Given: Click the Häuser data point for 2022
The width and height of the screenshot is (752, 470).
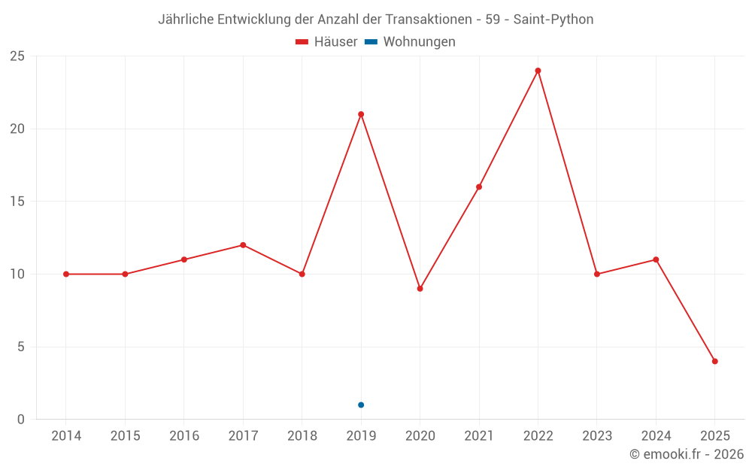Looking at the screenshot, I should [x=538, y=71].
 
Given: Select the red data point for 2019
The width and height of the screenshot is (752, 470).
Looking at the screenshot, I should [x=361, y=114].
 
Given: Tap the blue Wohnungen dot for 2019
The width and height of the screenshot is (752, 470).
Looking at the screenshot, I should [x=361, y=405].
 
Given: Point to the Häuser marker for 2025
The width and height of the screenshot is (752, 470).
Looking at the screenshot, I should [x=715, y=361].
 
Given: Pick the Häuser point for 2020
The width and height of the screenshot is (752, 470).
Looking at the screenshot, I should [x=420, y=289].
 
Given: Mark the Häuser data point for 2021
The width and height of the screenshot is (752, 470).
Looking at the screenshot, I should [x=479, y=187].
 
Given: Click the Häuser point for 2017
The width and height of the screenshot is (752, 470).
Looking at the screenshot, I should [x=243, y=245].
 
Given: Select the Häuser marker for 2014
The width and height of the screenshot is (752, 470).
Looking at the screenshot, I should [x=66, y=274].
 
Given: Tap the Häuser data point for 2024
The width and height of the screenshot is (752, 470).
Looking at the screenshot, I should [x=656, y=259].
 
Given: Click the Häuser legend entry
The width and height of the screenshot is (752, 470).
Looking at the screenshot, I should [x=326, y=42].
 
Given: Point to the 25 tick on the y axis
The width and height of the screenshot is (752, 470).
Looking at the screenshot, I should [x=17, y=56].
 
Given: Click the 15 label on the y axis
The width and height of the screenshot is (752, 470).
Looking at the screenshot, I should [x=17, y=202].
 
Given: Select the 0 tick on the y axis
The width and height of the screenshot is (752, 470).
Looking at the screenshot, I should [x=21, y=420].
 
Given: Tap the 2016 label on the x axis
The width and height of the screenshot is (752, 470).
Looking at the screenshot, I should [x=184, y=436].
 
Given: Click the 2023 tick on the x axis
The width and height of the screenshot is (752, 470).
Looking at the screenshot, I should [x=597, y=436].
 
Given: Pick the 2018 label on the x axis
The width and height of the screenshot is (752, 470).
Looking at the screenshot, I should [x=302, y=436].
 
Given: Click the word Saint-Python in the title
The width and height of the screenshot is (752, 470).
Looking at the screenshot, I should [x=553, y=20].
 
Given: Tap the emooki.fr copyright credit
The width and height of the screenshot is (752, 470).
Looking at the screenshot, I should [x=687, y=454].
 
